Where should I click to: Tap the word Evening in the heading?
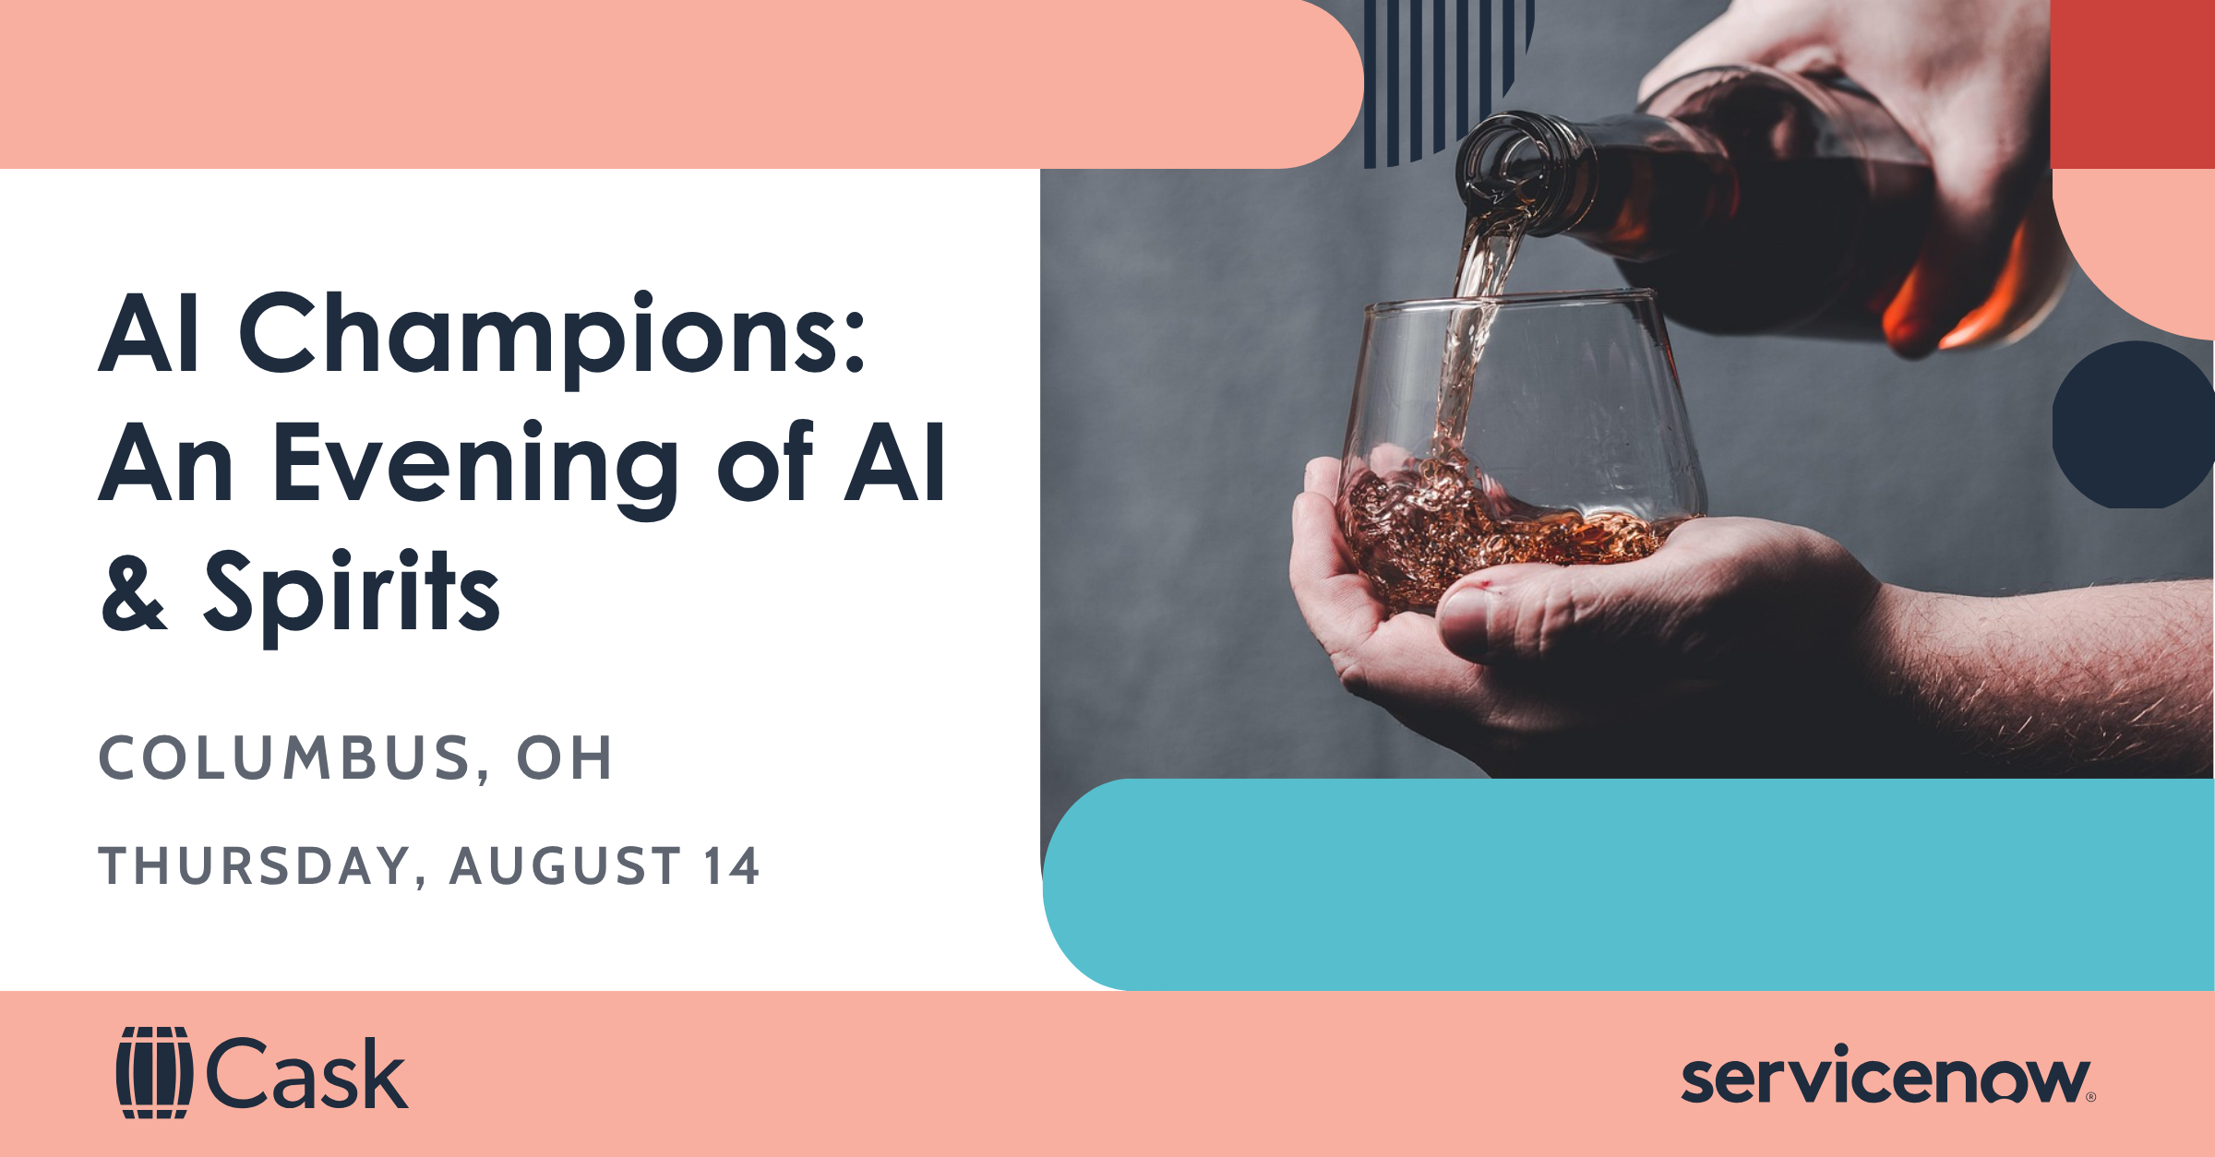(x=474, y=465)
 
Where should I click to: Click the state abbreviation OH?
(x=564, y=758)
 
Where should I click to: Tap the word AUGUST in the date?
(x=566, y=866)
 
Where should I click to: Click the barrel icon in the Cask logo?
(x=154, y=1072)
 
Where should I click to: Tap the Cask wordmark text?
(x=306, y=1073)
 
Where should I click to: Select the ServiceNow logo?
(x=1888, y=1074)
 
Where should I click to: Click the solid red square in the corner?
(x=2132, y=84)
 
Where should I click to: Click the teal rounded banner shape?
(x=1628, y=884)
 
